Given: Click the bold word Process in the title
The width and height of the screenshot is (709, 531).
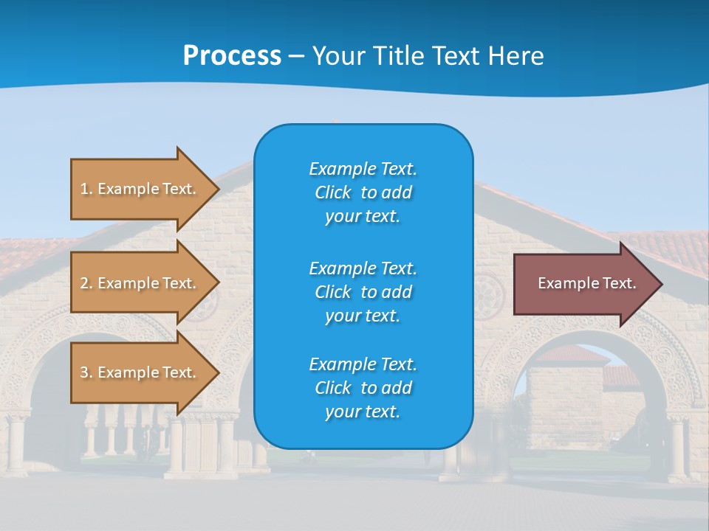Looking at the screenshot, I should [232, 56].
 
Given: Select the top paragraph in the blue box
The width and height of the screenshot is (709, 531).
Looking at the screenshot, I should [363, 192].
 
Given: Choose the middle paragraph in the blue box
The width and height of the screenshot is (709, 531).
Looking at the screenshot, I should [363, 292].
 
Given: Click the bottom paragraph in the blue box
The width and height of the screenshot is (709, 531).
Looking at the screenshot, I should [363, 388].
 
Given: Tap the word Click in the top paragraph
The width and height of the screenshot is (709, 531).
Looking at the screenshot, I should [333, 192].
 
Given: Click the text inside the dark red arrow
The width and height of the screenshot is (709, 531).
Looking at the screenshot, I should [586, 283].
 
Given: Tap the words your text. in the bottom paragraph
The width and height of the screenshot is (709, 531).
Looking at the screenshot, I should [363, 412].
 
